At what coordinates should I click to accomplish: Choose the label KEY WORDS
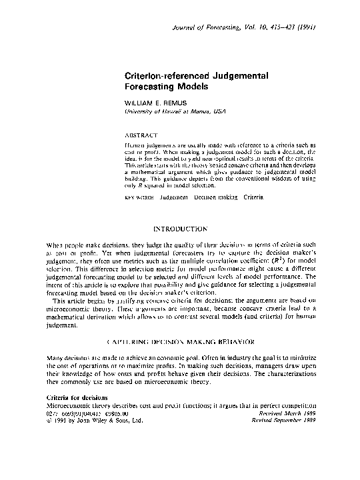(139, 197)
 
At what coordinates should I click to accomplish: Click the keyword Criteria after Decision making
(253, 197)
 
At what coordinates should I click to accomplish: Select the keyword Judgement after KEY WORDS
(174, 197)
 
